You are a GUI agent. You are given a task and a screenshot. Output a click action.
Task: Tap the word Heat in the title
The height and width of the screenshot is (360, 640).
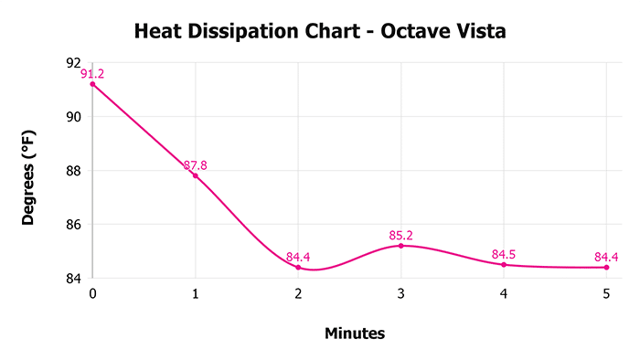tap(160, 32)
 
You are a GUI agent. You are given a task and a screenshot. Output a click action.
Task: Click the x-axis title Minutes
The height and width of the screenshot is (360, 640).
tap(355, 334)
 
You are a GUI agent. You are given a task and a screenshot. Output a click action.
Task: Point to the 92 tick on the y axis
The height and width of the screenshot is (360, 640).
tap(74, 63)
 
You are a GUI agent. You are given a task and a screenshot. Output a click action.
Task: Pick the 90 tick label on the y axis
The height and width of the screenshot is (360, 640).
tap(74, 117)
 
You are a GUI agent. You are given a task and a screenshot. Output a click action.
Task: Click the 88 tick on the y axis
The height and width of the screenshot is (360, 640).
tap(74, 171)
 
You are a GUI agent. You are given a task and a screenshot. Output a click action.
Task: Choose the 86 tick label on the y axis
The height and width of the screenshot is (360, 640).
tap(74, 225)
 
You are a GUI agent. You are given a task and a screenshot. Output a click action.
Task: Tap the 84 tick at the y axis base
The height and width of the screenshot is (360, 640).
tap(74, 278)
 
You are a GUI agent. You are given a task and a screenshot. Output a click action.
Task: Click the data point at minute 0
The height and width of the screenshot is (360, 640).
tap(92, 84)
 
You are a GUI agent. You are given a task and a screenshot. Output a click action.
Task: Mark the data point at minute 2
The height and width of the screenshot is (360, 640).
tap(298, 267)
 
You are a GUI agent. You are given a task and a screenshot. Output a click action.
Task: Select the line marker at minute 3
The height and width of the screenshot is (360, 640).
tap(400, 246)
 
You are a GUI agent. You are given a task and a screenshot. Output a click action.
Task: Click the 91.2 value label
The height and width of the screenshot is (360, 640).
tap(93, 74)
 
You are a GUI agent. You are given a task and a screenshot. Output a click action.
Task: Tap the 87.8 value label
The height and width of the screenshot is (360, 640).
tap(196, 165)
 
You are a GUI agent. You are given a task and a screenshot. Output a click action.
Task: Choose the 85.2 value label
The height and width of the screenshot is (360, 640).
tap(400, 236)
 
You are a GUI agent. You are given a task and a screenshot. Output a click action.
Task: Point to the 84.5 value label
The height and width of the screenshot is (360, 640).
tap(504, 254)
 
